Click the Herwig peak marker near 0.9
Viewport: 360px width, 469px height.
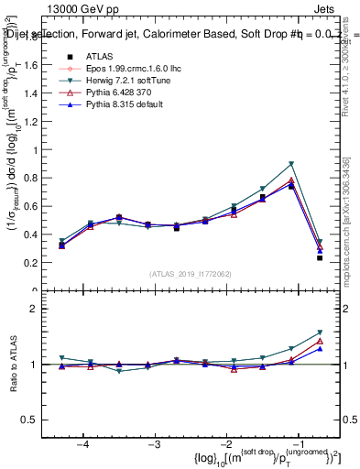291,164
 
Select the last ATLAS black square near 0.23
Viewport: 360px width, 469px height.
320,258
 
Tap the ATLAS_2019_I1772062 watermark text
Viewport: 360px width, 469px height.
190,275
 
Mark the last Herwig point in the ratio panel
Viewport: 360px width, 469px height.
320,333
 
